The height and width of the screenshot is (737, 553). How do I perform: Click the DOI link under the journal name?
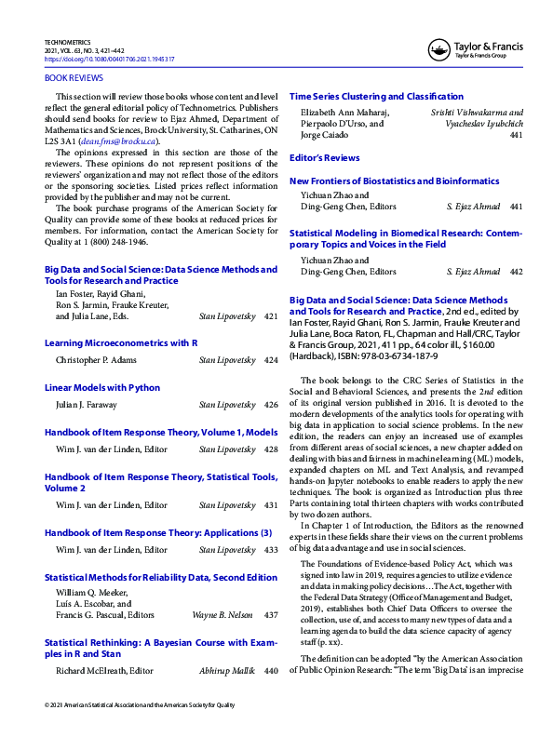coord(110,59)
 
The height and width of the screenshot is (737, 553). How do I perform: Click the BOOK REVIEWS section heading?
coord(74,79)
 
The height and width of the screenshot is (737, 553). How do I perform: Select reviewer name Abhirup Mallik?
coord(225,671)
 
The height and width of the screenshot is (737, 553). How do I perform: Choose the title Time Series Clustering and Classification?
coord(376,97)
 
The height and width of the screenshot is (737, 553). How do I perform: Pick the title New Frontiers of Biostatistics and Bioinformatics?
coord(408,181)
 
